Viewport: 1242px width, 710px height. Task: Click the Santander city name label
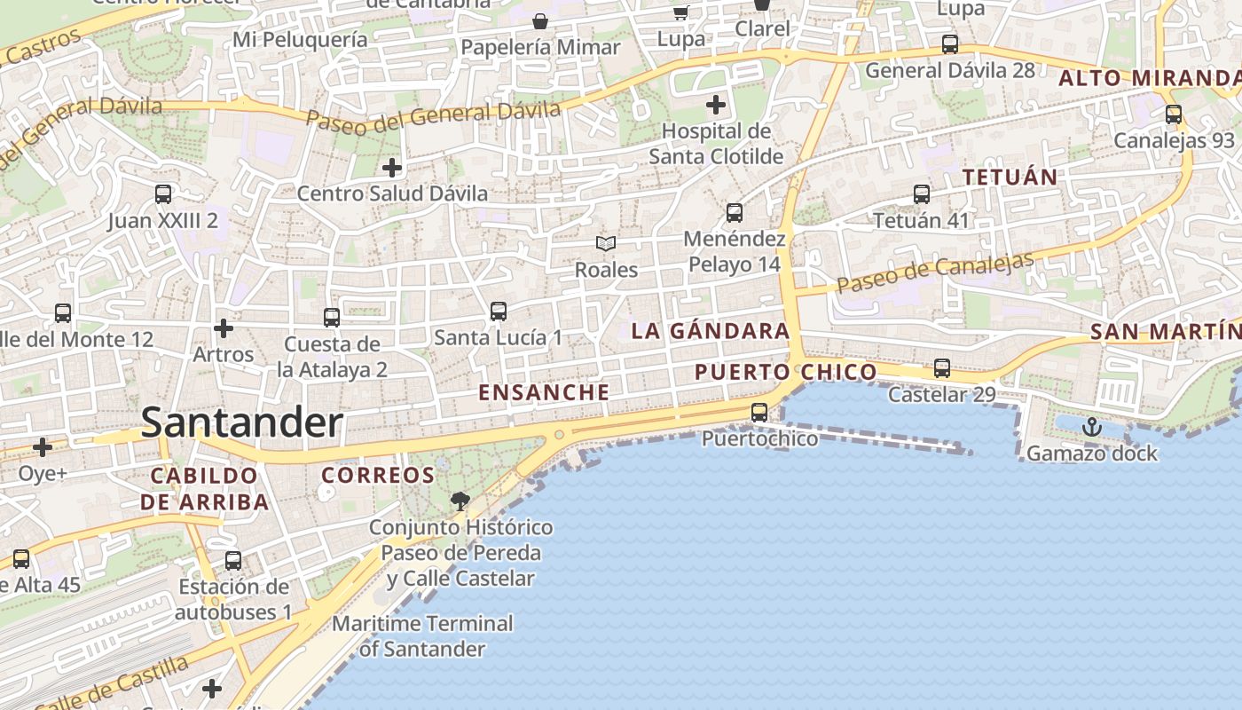[241, 422]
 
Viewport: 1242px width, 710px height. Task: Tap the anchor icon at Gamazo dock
[1092, 428]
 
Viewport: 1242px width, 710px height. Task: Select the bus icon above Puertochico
[759, 412]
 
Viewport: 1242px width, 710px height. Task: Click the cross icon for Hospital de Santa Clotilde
[716, 106]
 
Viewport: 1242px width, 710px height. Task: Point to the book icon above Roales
[606, 243]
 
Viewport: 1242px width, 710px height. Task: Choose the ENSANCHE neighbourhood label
[544, 392]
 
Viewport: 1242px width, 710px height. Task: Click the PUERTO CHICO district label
[785, 372]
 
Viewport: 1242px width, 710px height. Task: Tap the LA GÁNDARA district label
[710, 331]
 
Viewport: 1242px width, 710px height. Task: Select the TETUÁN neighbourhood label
[1010, 177]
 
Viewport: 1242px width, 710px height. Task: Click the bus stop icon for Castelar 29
[942, 367]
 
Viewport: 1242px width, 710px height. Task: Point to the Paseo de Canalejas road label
[935, 272]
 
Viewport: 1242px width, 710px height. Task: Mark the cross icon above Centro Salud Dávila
[392, 167]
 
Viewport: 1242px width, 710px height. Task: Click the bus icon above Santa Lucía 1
[499, 311]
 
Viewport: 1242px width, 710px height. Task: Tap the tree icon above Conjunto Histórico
[460, 501]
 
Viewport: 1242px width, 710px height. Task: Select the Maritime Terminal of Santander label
[422, 636]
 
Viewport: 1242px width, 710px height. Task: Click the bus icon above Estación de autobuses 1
[233, 561]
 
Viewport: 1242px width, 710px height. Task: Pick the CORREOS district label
[378, 475]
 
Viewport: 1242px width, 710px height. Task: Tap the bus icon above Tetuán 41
[922, 193]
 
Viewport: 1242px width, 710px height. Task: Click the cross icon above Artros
[224, 328]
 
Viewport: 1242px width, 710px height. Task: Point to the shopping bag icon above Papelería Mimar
[539, 20]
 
